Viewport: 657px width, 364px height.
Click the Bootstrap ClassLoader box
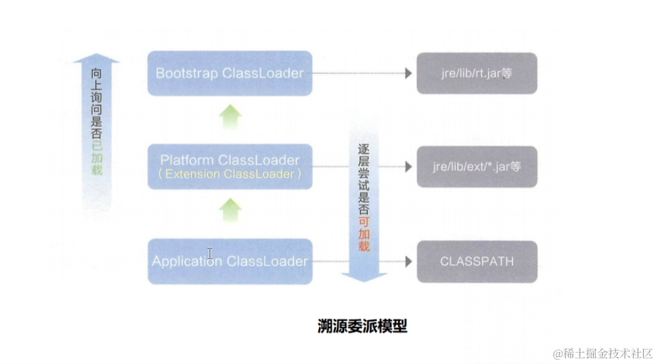pos(229,73)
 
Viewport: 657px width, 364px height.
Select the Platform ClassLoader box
pos(229,166)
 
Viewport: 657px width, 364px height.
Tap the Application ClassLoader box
pos(229,260)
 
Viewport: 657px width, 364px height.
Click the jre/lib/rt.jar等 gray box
pos(476,73)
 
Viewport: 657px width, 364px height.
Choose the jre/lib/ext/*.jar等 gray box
pos(476,167)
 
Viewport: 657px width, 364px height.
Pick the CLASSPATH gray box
pos(476,260)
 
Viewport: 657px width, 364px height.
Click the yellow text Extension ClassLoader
pos(229,174)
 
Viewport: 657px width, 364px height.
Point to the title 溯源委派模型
pos(362,326)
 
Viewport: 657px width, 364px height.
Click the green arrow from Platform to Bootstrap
pos(231,117)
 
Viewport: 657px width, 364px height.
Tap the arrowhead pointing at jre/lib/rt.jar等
pos(408,73)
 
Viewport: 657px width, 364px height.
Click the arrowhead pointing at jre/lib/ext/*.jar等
pos(408,167)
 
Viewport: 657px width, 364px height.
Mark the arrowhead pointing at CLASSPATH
pos(408,260)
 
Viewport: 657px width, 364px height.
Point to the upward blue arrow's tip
pos(97,56)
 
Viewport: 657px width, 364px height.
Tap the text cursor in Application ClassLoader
pos(209,254)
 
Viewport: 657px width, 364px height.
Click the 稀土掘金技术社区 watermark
pos(602,353)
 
